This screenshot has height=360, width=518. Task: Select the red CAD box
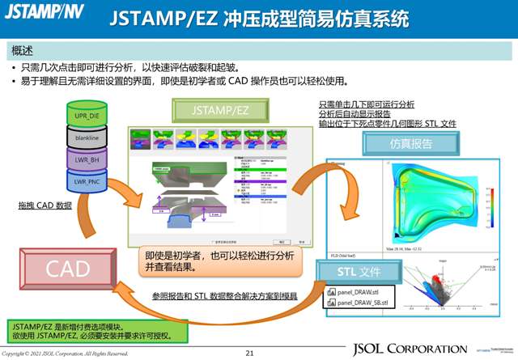68,269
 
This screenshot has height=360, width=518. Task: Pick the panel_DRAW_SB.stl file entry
367,303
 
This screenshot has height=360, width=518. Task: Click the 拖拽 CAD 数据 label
45,205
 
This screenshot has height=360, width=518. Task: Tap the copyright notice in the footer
65,354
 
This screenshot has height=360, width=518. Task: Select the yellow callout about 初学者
219,260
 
